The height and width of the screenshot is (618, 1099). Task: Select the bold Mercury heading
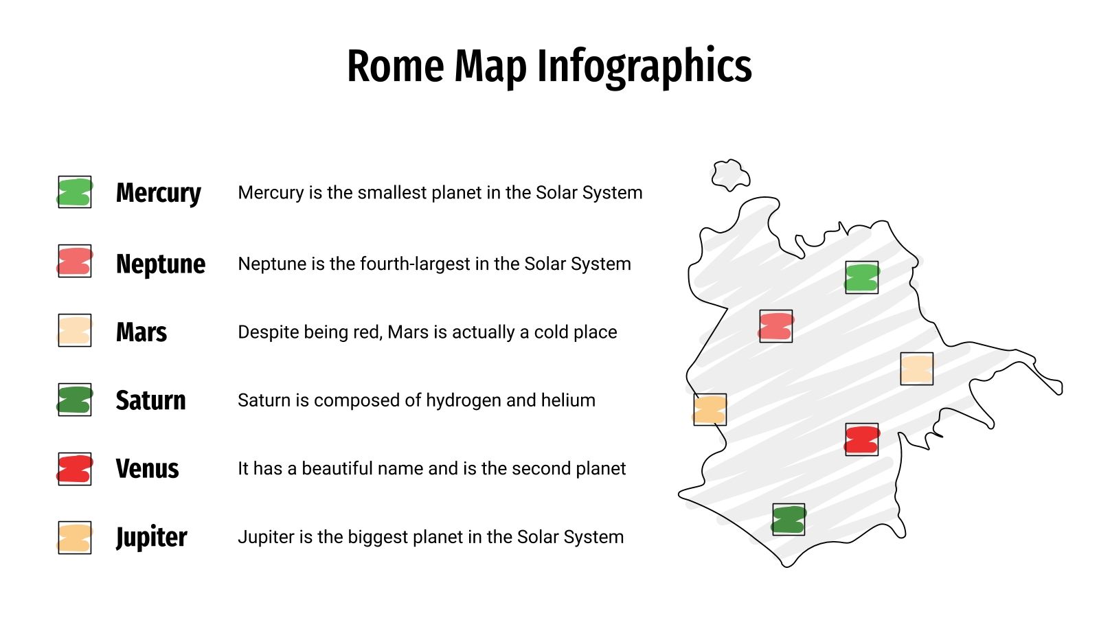click(158, 193)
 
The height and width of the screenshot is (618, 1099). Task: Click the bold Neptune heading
click(160, 264)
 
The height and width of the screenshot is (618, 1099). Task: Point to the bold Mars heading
click(141, 332)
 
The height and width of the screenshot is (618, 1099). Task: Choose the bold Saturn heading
click(150, 400)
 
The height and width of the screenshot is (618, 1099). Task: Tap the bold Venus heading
click(147, 469)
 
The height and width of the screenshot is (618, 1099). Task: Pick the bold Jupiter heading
click(151, 537)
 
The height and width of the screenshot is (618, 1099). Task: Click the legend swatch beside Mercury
click(75, 192)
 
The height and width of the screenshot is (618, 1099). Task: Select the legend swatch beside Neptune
click(75, 261)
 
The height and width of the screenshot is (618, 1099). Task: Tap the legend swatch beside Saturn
click(75, 400)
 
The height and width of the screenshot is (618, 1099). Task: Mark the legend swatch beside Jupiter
click(75, 538)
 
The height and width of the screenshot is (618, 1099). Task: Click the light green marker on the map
click(861, 278)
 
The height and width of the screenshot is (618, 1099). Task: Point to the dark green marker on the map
click(789, 520)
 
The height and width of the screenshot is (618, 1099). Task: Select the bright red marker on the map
click(861, 439)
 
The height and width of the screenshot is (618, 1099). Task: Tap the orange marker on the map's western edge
click(710, 410)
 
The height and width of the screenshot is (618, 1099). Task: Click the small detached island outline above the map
click(730, 174)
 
